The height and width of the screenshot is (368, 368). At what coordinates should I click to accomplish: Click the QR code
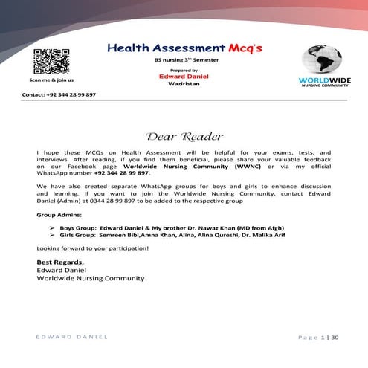[51, 60]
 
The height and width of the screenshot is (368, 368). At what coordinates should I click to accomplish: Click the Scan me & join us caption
[51, 80]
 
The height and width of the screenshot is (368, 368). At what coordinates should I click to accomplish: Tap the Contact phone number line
[59, 95]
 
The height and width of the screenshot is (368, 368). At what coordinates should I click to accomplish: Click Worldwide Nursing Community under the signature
[91, 278]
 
